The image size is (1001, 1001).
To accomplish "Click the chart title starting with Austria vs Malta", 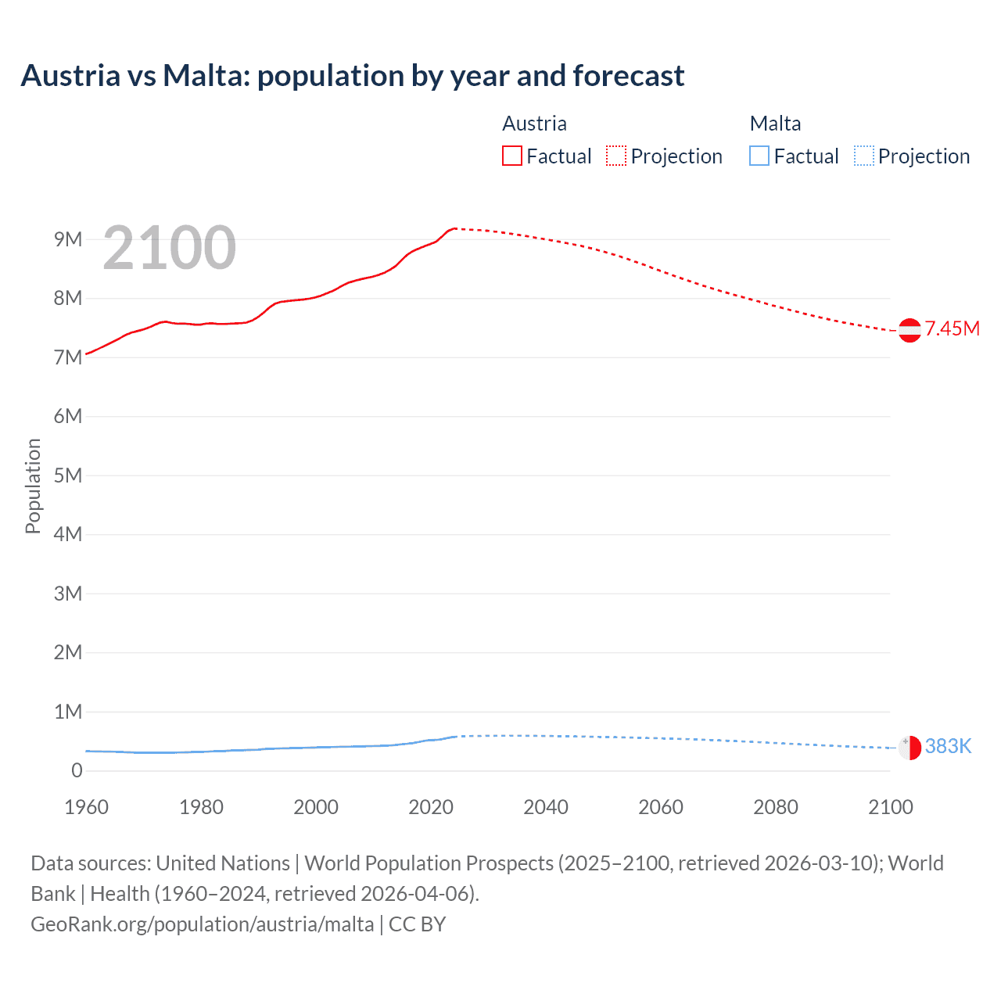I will coord(352,76).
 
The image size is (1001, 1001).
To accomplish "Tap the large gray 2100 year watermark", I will coord(169,248).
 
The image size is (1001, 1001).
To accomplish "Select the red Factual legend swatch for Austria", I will coord(511,156).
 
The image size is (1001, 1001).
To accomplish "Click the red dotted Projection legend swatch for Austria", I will coord(616,156).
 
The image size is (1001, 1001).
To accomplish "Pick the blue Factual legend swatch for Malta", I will coord(759,156).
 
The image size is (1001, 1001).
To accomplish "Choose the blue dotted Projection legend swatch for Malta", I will coord(863,156).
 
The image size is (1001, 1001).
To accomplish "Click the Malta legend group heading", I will coord(775,124).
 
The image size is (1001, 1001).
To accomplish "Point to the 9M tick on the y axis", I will coord(68,239).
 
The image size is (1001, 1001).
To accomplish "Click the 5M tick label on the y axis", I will coord(68,475).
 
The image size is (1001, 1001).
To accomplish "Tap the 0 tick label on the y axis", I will coord(77,770).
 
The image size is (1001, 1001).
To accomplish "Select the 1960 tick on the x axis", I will coord(86,807).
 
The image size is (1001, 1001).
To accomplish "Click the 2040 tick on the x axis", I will coord(546,807).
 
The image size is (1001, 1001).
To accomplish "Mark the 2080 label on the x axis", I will coord(776,807).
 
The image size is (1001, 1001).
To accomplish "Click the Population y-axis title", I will coord(33,486).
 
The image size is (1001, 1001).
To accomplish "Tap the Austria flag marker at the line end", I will coord(910,330).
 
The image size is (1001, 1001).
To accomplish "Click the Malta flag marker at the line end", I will coord(910,748).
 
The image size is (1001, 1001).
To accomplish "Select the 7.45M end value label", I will coord(952,329).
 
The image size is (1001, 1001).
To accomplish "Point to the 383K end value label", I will coord(948,747).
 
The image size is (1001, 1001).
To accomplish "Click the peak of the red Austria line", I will coord(454,228).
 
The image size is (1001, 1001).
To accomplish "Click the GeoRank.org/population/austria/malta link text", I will coord(202,924).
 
